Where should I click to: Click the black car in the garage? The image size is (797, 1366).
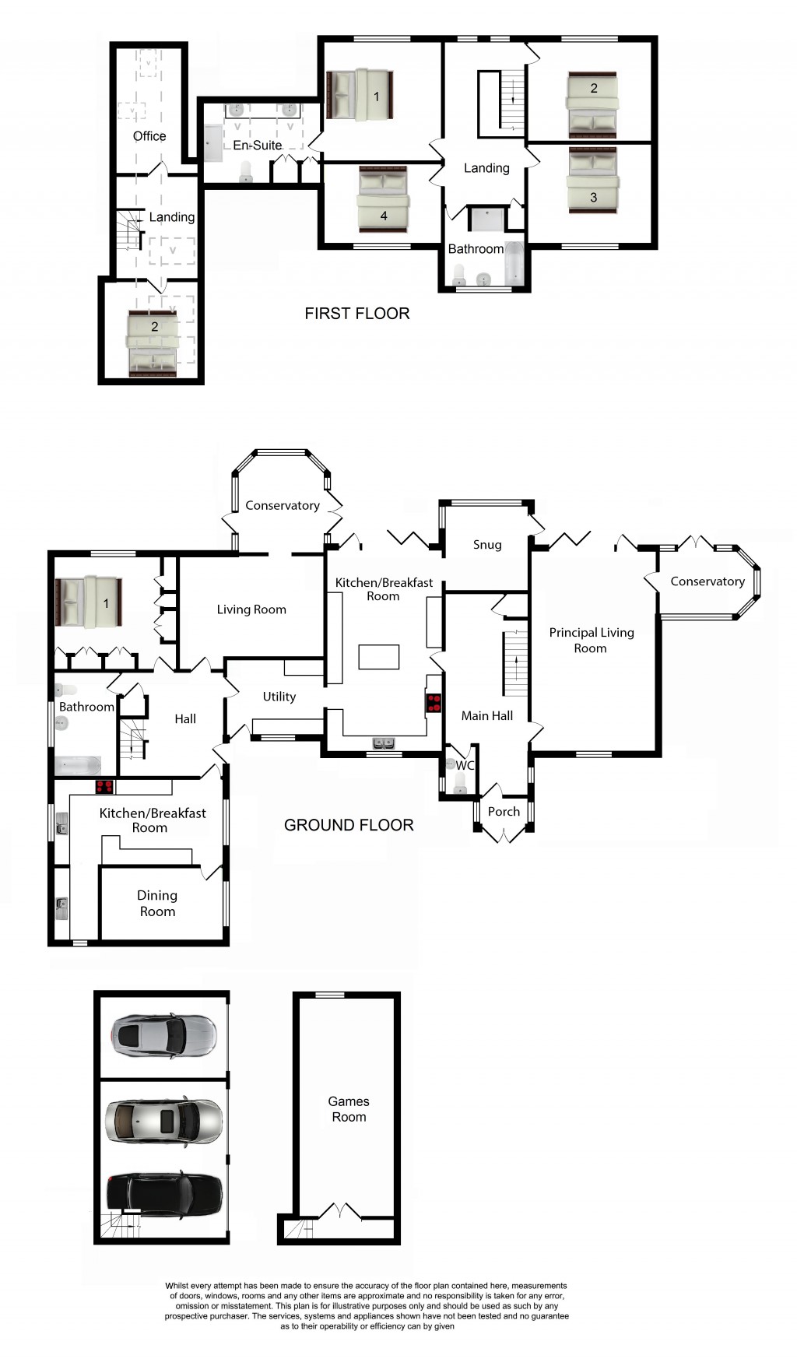click(164, 1194)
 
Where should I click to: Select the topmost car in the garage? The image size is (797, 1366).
click(163, 1036)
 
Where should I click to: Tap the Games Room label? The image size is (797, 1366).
click(349, 1109)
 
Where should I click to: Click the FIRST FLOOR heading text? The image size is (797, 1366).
click(356, 314)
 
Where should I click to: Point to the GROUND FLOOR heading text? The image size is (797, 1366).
click(349, 825)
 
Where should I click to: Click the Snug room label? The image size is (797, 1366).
click(487, 545)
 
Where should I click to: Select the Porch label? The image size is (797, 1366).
click(504, 812)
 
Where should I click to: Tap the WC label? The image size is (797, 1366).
click(465, 766)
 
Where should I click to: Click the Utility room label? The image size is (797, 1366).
click(279, 697)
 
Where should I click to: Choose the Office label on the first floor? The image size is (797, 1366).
click(149, 136)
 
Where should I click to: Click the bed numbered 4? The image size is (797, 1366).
click(383, 199)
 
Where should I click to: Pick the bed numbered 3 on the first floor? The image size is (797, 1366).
click(593, 180)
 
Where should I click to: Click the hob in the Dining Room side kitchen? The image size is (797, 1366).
click(104, 787)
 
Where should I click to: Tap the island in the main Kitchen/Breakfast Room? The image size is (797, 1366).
click(378, 657)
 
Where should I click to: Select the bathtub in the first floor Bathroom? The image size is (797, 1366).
click(514, 265)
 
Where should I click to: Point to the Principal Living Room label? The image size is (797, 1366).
click(591, 640)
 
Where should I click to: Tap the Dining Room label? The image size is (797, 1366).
click(157, 904)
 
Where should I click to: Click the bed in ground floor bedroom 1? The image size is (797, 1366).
click(88, 602)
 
